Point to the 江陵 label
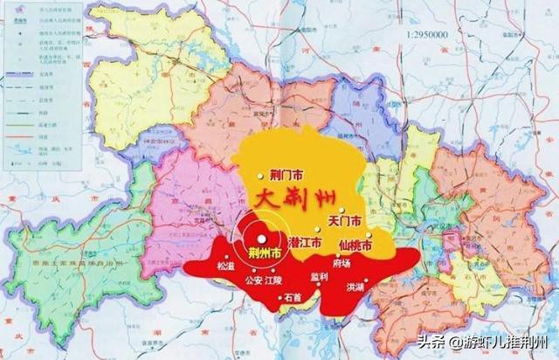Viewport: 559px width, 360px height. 274,281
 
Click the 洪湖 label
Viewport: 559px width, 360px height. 355,287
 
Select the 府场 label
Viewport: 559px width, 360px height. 343,260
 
